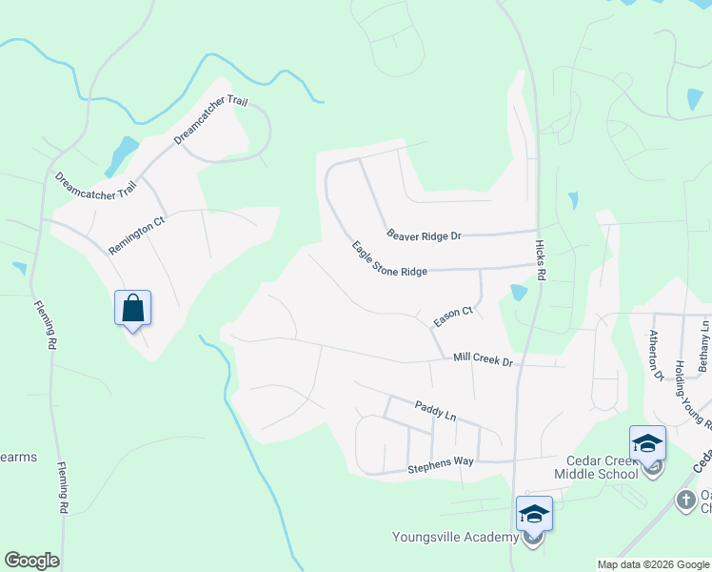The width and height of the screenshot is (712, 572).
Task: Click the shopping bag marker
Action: pos(133,309)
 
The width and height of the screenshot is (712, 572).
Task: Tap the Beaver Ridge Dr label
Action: pos(424,235)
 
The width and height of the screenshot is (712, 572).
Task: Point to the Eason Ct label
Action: pos(453,317)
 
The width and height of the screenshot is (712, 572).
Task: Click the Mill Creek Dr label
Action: pos(483,360)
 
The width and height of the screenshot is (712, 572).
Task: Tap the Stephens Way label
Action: pos(441,461)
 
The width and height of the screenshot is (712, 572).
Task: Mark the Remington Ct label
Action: pos(136,235)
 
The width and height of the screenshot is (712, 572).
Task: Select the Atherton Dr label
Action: pos(656,356)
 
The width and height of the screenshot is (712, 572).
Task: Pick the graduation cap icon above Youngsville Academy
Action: pos(534,515)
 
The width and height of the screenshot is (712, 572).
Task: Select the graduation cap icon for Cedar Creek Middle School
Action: pos(647,444)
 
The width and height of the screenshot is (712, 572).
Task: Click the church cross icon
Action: pos(684,500)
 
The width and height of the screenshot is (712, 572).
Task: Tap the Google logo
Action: pos(31,561)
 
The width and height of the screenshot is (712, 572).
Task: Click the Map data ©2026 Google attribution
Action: pos(653,564)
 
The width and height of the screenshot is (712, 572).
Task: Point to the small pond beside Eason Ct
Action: pos(518,293)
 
